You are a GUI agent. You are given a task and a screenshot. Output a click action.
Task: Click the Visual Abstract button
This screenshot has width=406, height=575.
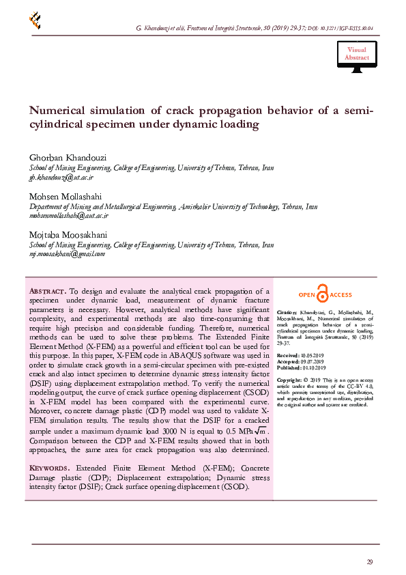tap(356, 54)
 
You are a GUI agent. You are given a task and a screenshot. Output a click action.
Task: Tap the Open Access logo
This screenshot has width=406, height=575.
tap(325, 294)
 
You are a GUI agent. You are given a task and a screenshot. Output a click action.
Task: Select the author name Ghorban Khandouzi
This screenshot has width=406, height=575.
tap(67, 158)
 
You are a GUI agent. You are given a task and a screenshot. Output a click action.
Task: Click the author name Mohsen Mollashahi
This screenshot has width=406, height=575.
tap(63, 195)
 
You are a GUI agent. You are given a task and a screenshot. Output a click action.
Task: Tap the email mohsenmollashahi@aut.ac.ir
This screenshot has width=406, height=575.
tap(68, 215)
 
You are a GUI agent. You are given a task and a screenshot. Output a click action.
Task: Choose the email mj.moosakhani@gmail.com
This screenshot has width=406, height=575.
tap(66, 253)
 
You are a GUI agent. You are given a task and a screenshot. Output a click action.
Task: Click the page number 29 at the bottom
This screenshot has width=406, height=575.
tap(369, 562)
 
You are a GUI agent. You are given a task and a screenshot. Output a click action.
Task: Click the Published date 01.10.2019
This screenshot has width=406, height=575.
tap(316, 369)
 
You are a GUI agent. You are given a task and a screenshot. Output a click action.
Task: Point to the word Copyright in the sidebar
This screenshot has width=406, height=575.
tap(289, 379)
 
